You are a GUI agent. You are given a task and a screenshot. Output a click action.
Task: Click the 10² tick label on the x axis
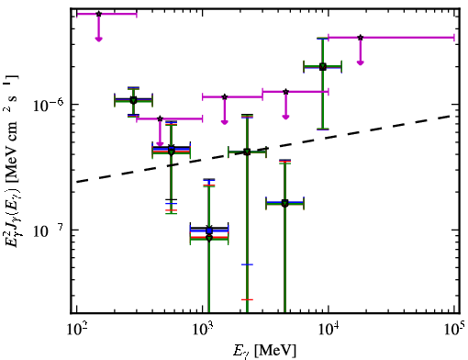coord(76,331)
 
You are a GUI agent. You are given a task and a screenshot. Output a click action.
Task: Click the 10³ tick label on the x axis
coord(202,331)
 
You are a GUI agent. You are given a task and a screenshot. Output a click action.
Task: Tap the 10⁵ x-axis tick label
coord(453,330)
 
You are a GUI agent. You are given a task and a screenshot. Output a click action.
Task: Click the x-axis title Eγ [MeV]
coord(264,351)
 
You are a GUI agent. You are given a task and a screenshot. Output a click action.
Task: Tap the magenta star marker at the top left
coord(98,14)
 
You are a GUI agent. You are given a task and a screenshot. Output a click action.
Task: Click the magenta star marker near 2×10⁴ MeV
coord(361,38)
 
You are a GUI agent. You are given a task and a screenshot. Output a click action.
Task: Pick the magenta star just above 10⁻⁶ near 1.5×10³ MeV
coord(225,97)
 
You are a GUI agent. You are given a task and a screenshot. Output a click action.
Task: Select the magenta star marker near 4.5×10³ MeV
coord(285,92)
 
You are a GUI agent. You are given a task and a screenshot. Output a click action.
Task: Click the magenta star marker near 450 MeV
coord(160,118)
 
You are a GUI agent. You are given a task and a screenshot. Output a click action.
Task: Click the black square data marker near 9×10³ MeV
coord(322,67)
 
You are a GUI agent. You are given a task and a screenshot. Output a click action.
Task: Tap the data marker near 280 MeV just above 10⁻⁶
coord(133,100)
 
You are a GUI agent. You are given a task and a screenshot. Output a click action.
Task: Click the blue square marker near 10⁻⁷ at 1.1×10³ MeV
coord(209,231)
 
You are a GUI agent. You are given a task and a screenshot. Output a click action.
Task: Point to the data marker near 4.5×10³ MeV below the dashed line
coord(284,203)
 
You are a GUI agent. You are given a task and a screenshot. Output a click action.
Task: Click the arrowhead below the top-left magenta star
coord(98,39)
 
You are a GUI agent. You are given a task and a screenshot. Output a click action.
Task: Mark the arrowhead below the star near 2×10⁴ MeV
coord(361,62)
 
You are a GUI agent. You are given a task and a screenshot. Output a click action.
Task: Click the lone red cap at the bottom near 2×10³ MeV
coord(247,299)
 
